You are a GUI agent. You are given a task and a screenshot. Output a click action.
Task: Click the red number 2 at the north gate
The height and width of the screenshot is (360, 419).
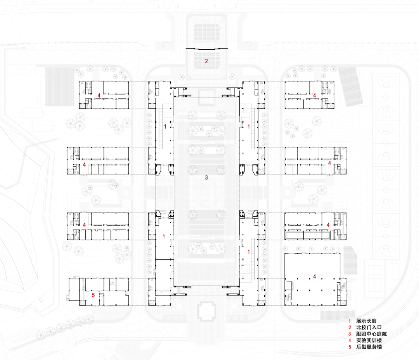[206, 61]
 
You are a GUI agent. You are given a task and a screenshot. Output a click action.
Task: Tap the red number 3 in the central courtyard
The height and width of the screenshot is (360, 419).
[206, 178]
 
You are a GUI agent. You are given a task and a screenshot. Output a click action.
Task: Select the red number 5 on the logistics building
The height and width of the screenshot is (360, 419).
[93, 295]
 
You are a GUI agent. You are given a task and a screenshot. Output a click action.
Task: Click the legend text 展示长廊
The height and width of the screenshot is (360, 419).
[366, 321]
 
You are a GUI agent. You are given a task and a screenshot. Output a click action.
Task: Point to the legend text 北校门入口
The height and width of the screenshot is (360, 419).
[369, 327]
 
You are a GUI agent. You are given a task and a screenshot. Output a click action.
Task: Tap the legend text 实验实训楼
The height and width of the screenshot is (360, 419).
[369, 340]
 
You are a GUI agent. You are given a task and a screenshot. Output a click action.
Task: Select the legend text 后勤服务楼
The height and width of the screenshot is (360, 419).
[369, 346]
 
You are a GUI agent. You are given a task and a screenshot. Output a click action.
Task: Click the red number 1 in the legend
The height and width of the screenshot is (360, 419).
[350, 321]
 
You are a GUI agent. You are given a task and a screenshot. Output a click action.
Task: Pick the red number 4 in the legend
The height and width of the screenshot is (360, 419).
[350, 340]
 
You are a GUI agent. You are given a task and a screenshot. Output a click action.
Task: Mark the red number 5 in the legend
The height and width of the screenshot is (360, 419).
[350, 346]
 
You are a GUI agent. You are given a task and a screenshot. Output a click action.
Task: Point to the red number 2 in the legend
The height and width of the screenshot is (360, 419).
[350, 327]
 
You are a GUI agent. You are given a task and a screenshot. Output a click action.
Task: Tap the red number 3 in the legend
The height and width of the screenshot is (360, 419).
[350, 334]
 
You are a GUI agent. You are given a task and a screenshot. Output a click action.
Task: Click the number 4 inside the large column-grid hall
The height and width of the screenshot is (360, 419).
[315, 277]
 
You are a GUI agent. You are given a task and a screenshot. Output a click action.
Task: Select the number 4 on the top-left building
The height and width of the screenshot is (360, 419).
[99, 95]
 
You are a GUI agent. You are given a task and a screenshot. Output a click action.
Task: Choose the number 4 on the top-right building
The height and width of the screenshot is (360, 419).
[315, 95]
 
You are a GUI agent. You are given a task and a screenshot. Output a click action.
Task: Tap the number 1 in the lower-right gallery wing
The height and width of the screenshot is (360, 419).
[248, 252]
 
